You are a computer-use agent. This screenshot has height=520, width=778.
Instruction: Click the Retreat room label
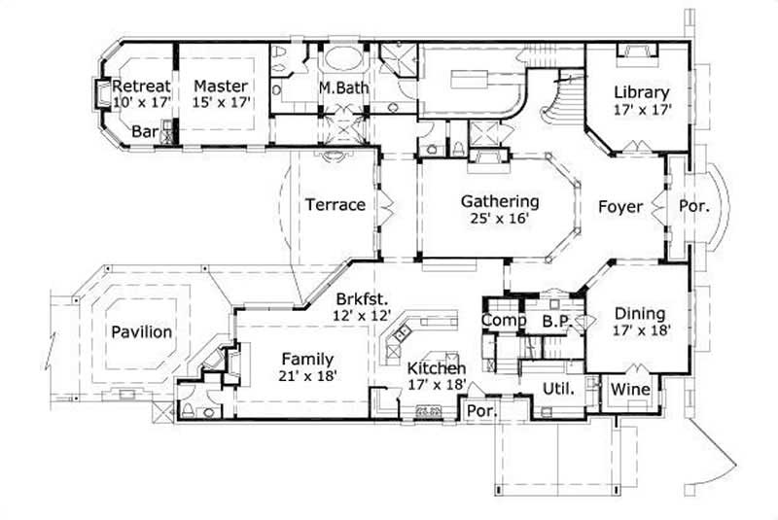[x=142, y=86]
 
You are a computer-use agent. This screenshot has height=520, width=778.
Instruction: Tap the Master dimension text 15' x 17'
[x=221, y=101]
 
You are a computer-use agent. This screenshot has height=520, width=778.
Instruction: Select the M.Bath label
[x=341, y=87]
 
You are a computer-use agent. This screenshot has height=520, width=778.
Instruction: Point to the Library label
[x=641, y=92]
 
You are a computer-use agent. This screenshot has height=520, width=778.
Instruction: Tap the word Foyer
[x=619, y=206]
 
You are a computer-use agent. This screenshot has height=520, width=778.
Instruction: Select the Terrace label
[x=335, y=205]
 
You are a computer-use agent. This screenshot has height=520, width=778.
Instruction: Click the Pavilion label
[x=142, y=331]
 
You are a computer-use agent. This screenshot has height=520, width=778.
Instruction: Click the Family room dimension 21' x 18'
[x=306, y=374]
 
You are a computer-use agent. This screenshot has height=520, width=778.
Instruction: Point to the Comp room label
[x=505, y=320]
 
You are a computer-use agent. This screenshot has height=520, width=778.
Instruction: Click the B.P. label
[x=555, y=320]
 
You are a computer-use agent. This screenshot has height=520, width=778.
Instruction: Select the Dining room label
[x=640, y=313]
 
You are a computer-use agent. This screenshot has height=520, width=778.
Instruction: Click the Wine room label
[x=630, y=389]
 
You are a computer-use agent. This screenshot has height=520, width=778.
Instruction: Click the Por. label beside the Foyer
[x=693, y=206]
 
